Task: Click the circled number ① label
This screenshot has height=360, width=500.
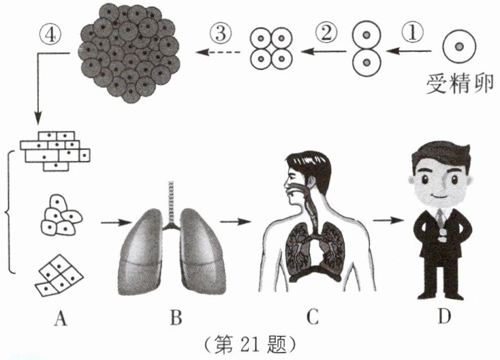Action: [413, 32]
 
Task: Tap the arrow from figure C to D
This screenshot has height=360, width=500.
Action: [387, 220]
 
